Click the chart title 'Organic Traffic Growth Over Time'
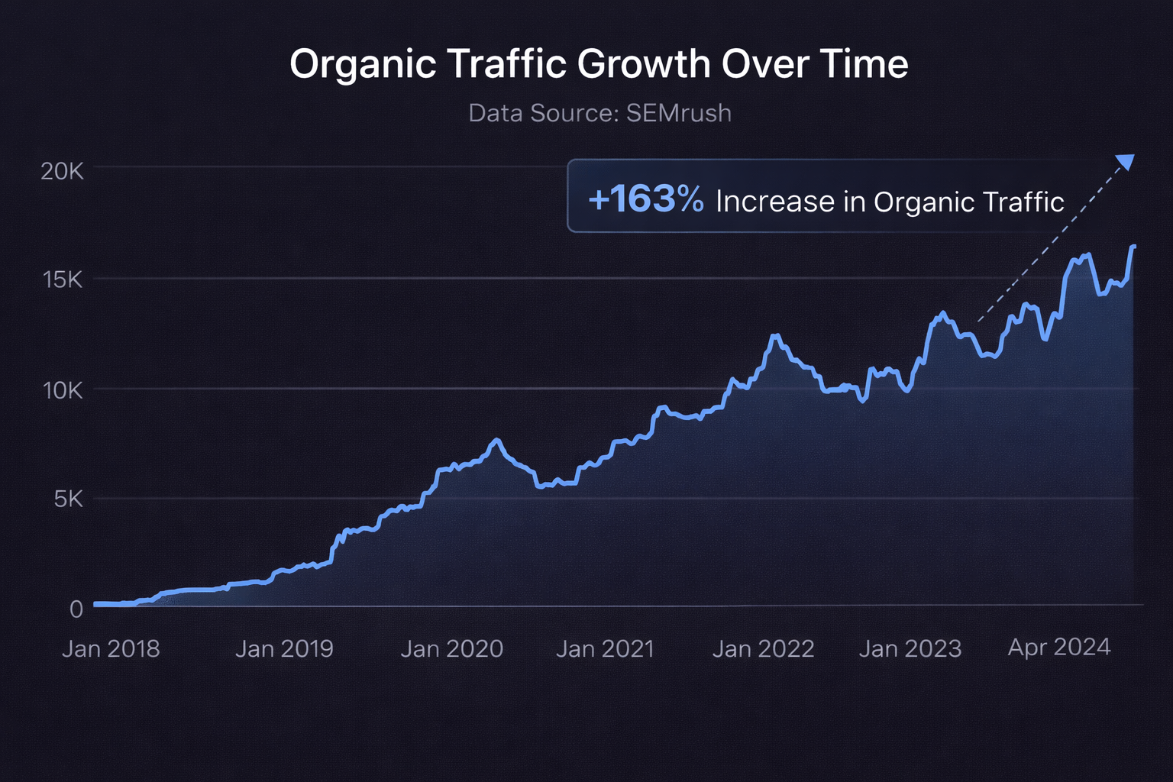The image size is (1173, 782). (599, 64)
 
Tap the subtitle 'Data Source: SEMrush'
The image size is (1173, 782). (599, 113)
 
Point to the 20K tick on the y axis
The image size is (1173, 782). (62, 171)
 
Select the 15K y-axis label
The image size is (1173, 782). (63, 280)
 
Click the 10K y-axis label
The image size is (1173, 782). (63, 391)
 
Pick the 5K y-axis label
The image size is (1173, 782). (68, 499)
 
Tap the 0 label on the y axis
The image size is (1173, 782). (76, 609)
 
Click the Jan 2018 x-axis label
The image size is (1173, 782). (111, 649)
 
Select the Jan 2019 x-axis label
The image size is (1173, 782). (284, 649)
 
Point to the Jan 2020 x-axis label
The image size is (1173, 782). (452, 649)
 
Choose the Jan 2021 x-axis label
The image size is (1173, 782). (605, 649)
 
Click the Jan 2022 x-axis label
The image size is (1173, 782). (763, 649)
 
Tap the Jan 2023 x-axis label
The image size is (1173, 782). (910, 649)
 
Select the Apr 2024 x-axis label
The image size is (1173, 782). (1058, 648)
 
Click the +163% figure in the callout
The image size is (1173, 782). (646, 199)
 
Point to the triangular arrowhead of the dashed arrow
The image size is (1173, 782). (1126, 161)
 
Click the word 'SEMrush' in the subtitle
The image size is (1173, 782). (678, 113)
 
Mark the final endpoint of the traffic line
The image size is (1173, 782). (1134, 247)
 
